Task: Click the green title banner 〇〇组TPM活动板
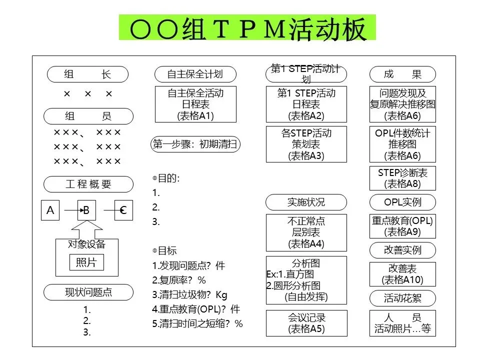pos(247,28)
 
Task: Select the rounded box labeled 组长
pos(88,75)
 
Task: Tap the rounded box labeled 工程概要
pos(88,184)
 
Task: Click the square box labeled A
pos(50,210)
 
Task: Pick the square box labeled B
pos(86,210)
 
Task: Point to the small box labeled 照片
pos(86,262)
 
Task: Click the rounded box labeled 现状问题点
pos(88,292)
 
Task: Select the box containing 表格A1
pos(195,104)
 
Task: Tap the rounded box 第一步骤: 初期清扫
pos(195,145)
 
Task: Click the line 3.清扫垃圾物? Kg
pos(189,294)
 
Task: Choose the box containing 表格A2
pos(306,104)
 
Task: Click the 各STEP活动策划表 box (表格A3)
pos(306,144)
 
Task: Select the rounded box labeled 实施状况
pos(306,202)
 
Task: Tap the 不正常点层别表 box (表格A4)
pos(306,232)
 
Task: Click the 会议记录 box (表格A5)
pos(306,323)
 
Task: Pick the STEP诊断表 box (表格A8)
pos(402,178)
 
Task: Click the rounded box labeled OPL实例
pos(402,202)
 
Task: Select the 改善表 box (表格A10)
pos(402,274)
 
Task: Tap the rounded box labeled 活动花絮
pos(402,298)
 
